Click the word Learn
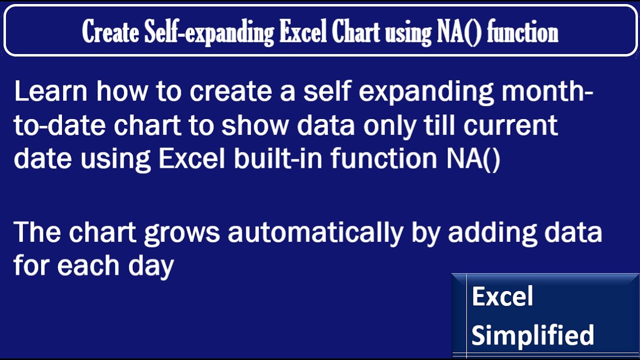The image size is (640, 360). [51, 92]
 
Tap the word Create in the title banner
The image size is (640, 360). [110, 33]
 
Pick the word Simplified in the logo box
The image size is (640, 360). [532, 335]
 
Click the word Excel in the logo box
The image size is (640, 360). [502, 296]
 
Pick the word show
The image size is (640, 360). [255, 125]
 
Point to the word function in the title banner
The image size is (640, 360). [522, 33]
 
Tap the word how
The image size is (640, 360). [120, 92]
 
